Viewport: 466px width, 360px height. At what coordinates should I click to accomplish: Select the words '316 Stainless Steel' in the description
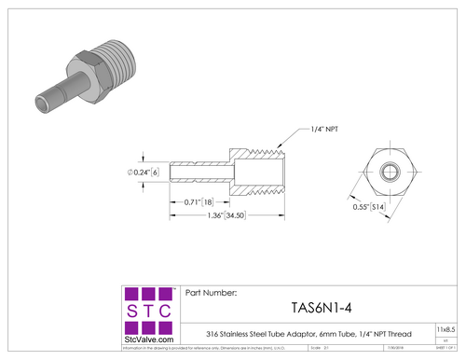click(x=237, y=330)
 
